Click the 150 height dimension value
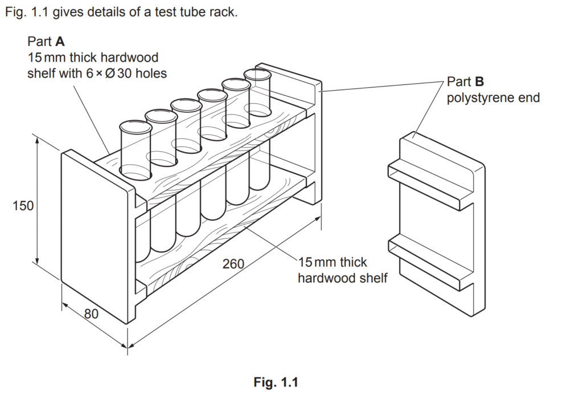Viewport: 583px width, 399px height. pos(23,205)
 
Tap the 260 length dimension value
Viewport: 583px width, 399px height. pos(233,264)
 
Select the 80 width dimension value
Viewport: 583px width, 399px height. pos(91,314)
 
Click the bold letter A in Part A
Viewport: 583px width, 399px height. pos(60,41)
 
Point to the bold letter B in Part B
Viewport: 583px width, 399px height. pos(479,82)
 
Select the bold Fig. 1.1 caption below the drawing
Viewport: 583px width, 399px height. pos(276,382)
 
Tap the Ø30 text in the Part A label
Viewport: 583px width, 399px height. pos(118,74)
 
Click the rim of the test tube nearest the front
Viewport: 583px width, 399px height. pos(136,127)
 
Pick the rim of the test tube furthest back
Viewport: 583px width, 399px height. pos(257,75)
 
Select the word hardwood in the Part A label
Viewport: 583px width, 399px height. pos(129,58)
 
